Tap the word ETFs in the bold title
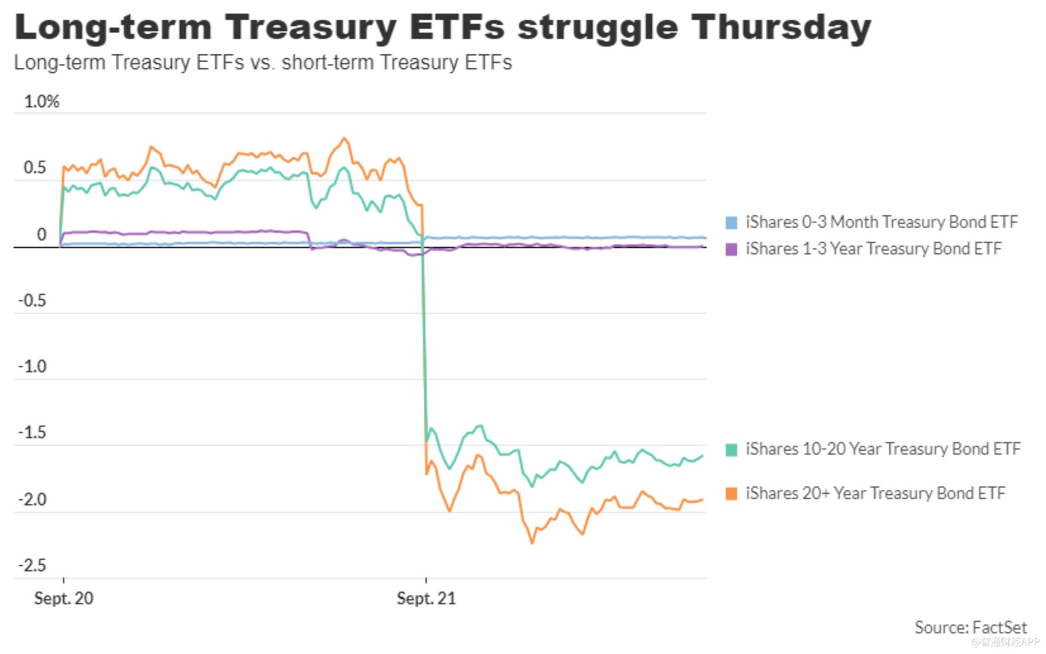coord(457,27)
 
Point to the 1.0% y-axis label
coord(41,101)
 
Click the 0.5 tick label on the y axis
coord(35,168)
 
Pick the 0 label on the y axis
coord(42,234)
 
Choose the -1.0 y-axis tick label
coord(32,366)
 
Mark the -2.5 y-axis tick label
coord(32,565)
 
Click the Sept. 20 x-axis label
coord(63,598)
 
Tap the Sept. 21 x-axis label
coord(426,598)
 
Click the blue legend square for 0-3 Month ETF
coord(731,222)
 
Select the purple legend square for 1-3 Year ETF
coord(731,249)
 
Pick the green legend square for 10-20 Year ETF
coord(731,450)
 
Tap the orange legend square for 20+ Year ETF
coord(731,494)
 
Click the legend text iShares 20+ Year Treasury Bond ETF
coord(875,493)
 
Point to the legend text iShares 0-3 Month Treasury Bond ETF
coord(881,222)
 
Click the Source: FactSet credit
coord(970,627)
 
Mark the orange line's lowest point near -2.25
coord(532,542)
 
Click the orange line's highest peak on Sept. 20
coord(344,138)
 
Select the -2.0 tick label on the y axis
coord(32,499)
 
